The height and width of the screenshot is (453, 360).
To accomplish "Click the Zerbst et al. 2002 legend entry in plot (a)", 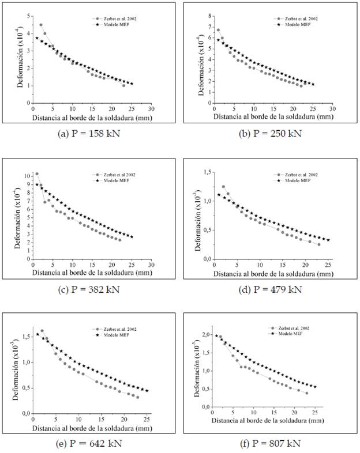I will tap(120, 19).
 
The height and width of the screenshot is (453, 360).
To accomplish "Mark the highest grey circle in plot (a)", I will tap(41, 25).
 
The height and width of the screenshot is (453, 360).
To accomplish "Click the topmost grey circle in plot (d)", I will tap(223, 187).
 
